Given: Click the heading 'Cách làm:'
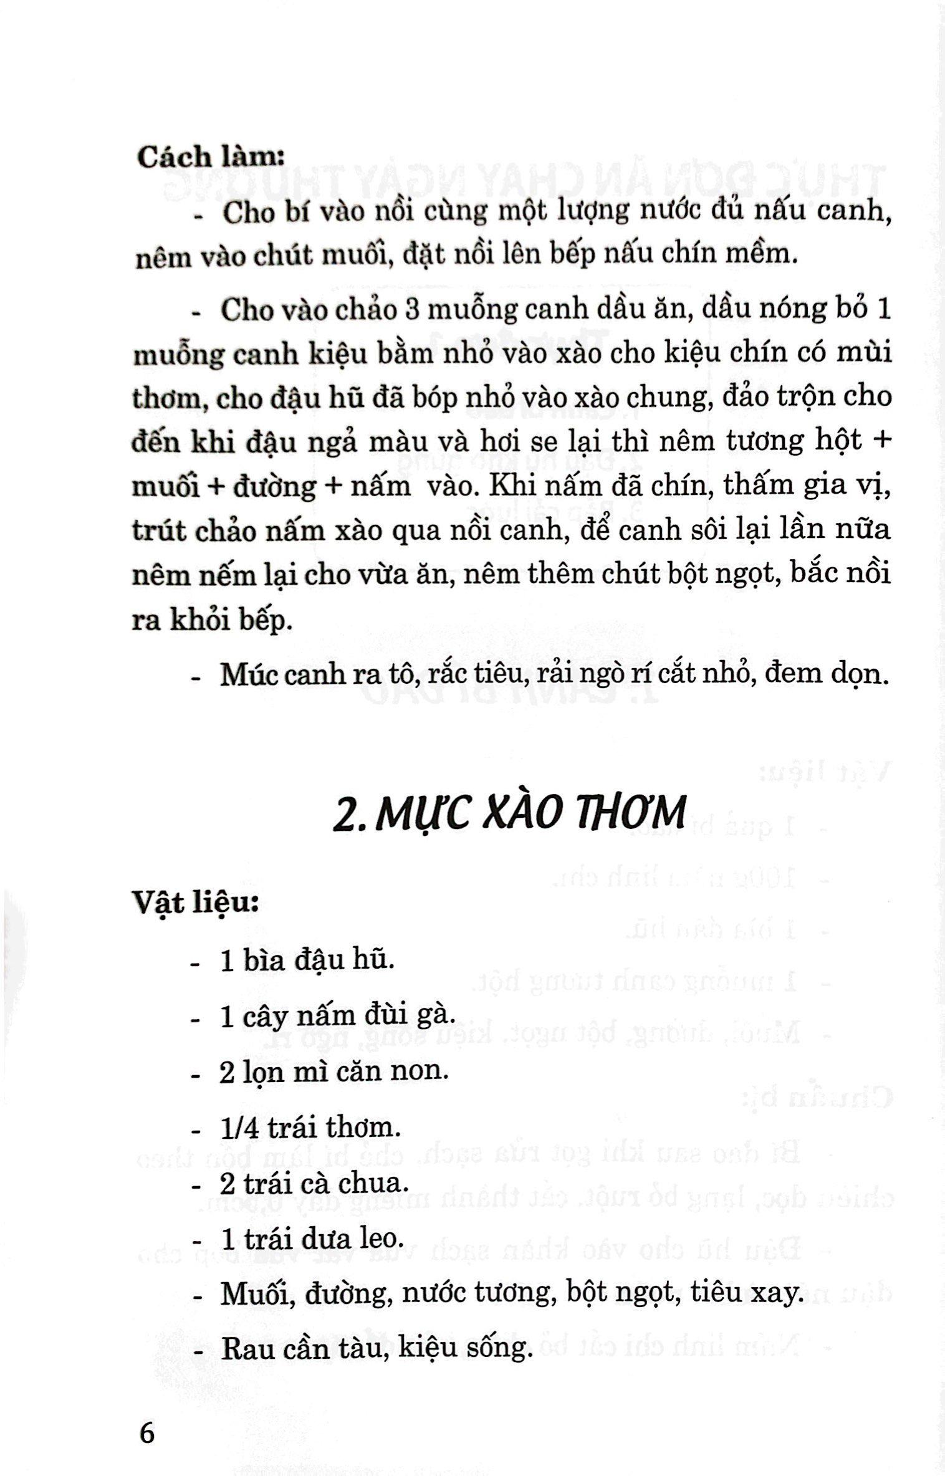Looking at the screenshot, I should pos(211,156).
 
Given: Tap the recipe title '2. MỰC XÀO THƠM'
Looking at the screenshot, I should pos(509,813).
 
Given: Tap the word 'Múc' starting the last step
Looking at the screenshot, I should pos(246,674).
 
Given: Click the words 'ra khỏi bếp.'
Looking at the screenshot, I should pos(212,621).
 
